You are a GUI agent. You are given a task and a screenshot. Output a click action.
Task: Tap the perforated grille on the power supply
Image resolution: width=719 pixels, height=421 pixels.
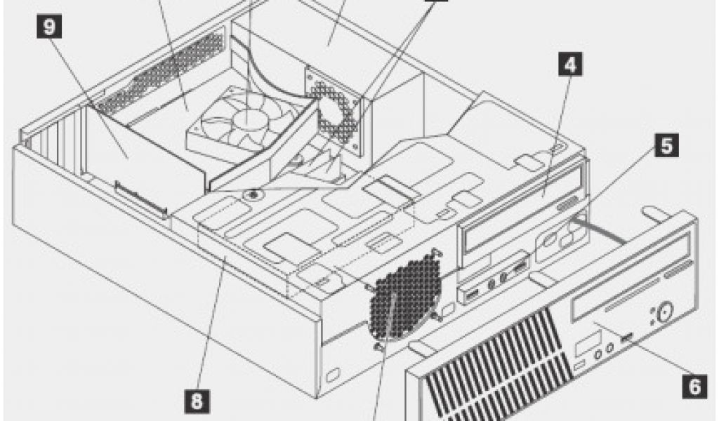click(x=337, y=112)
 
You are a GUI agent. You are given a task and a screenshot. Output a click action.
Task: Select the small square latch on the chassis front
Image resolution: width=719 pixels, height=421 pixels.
click(x=333, y=370)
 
